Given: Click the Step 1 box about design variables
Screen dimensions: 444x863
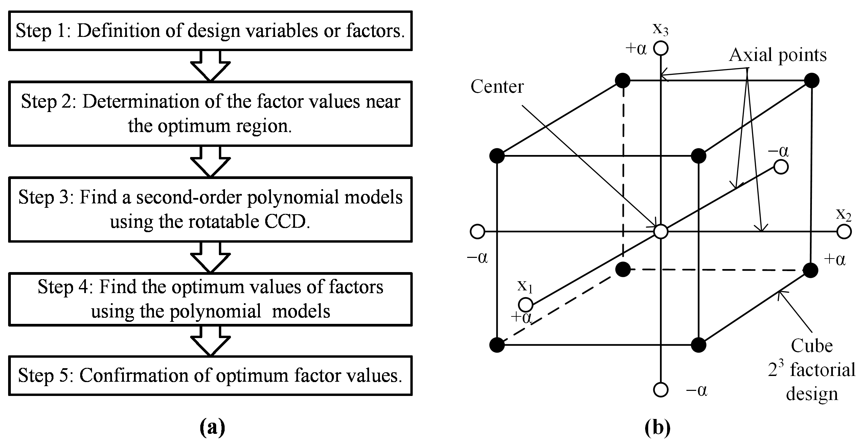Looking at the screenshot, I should tap(210, 31).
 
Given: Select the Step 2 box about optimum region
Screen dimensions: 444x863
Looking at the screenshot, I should tap(210, 114).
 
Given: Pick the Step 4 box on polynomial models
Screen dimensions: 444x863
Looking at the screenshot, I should tap(210, 299).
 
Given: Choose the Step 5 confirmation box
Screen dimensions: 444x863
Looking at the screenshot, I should tap(210, 376).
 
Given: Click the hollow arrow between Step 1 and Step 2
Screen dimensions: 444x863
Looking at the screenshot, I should tap(210, 66).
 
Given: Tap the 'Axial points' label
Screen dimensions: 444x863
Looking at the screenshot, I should tap(777, 55).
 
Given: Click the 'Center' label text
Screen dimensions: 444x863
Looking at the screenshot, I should tap(497, 87).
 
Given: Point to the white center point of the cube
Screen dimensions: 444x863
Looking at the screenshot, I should tap(661, 232).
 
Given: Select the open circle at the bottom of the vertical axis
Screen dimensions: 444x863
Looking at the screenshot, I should tap(661, 390).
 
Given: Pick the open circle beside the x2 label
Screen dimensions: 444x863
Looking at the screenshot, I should tap(844, 232).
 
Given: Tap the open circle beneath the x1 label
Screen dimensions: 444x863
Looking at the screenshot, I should tap(525, 304).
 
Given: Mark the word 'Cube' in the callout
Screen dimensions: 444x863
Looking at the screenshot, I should tap(812, 346).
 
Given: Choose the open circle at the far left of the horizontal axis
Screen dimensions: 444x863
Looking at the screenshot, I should tap(477, 232).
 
